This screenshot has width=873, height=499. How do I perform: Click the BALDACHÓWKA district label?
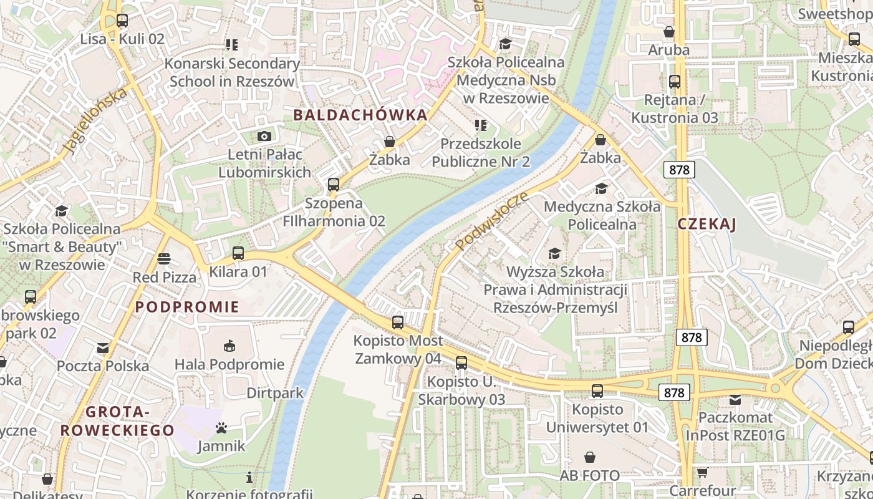[360, 115]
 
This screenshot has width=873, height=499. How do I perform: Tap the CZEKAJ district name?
[707, 225]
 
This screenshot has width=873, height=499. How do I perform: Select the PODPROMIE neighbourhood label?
[188, 307]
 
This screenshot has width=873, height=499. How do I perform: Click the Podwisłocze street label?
[492, 221]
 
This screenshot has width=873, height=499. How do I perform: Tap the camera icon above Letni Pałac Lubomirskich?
[264, 136]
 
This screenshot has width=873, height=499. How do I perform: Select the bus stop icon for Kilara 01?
[238, 253]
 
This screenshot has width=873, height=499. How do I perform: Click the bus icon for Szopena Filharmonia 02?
[334, 185]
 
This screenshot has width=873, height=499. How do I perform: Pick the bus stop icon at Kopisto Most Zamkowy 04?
[398, 322]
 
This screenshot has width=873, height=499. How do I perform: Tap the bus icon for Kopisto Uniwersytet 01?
[597, 391]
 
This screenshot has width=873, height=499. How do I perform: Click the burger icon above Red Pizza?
[164, 258]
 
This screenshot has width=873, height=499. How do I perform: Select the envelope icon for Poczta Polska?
[103, 347]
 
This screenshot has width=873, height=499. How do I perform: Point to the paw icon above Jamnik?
[221, 428]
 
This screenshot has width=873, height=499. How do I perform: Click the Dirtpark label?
[275, 393]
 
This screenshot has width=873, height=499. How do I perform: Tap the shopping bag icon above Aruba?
[669, 32]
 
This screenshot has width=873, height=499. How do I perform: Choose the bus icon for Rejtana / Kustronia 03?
[674, 82]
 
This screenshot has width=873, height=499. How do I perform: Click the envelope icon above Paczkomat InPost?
[735, 399]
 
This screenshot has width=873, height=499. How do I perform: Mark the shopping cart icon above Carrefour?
[702, 472]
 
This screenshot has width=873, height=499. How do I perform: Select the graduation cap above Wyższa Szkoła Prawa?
[554, 253]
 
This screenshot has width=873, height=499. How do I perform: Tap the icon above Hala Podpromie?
[229, 346]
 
